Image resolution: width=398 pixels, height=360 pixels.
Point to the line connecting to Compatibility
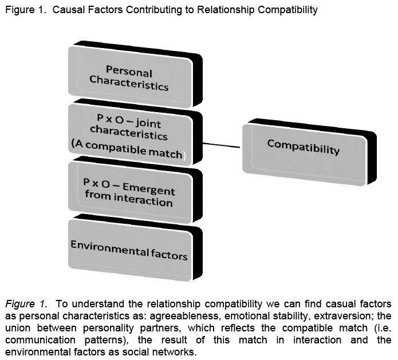click(x=222, y=145)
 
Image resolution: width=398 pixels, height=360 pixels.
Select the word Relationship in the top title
click(x=226, y=10)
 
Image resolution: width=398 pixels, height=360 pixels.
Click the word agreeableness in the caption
click(x=184, y=316)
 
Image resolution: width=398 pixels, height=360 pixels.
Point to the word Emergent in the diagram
click(x=149, y=189)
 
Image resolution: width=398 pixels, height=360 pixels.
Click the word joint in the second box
click(x=148, y=124)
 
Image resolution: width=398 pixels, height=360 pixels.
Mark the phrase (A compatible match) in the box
click(x=128, y=150)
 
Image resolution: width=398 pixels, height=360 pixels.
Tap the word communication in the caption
click(x=40, y=340)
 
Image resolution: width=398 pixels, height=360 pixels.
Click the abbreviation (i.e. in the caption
click(x=383, y=328)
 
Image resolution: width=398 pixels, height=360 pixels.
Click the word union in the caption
click(x=18, y=328)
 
